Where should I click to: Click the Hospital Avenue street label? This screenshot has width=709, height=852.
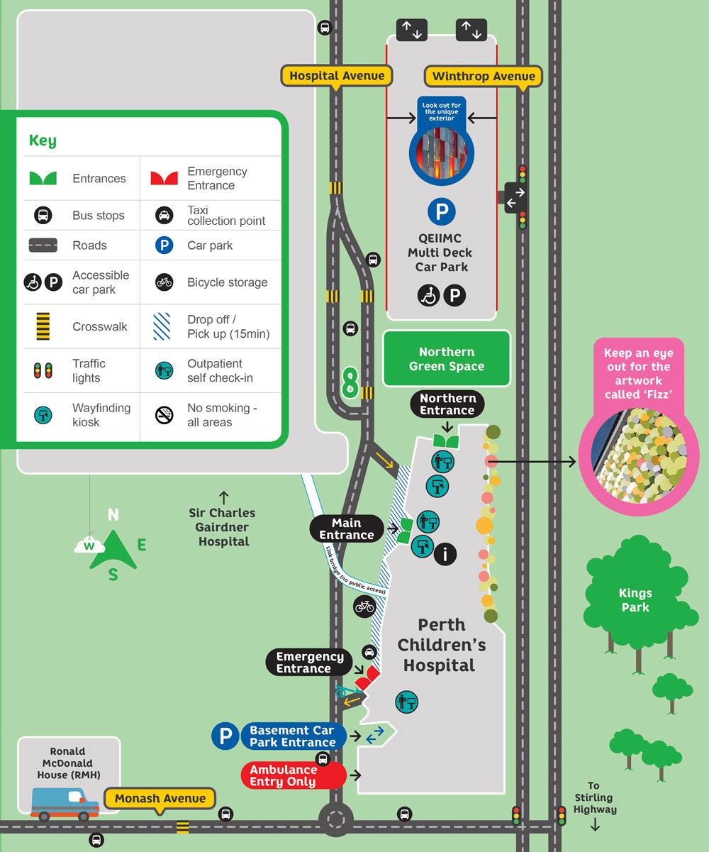pyautogui.click(x=337, y=76)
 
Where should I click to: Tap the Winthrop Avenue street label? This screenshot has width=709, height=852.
pyautogui.click(x=484, y=77)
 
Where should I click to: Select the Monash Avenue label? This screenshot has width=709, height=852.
pyautogui.click(x=160, y=799)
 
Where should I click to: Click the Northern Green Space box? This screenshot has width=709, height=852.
pyautogui.click(x=447, y=359)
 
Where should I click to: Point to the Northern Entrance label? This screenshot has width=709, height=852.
pyautogui.click(x=447, y=404)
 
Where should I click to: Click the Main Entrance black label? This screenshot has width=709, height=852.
pyautogui.click(x=347, y=529)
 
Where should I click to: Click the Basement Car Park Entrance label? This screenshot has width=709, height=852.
pyautogui.click(x=292, y=736)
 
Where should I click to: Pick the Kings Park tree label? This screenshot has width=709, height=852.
pyautogui.click(x=635, y=600)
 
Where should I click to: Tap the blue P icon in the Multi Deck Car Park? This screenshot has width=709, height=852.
pyautogui.click(x=441, y=211)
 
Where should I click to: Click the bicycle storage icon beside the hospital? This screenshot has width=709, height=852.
pyautogui.click(x=364, y=607)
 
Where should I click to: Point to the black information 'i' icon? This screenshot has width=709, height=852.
pyautogui.click(x=445, y=555)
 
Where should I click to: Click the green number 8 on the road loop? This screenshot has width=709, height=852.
pyautogui.click(x=350, y=382)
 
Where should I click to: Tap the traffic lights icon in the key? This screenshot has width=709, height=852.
pyautogui.click(x=43, y=370)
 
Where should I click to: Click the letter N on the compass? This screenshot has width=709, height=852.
pyautogui.click(x=113, y=515)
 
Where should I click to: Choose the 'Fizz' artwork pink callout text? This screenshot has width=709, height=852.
pyautogui.click(x=638, y=373)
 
